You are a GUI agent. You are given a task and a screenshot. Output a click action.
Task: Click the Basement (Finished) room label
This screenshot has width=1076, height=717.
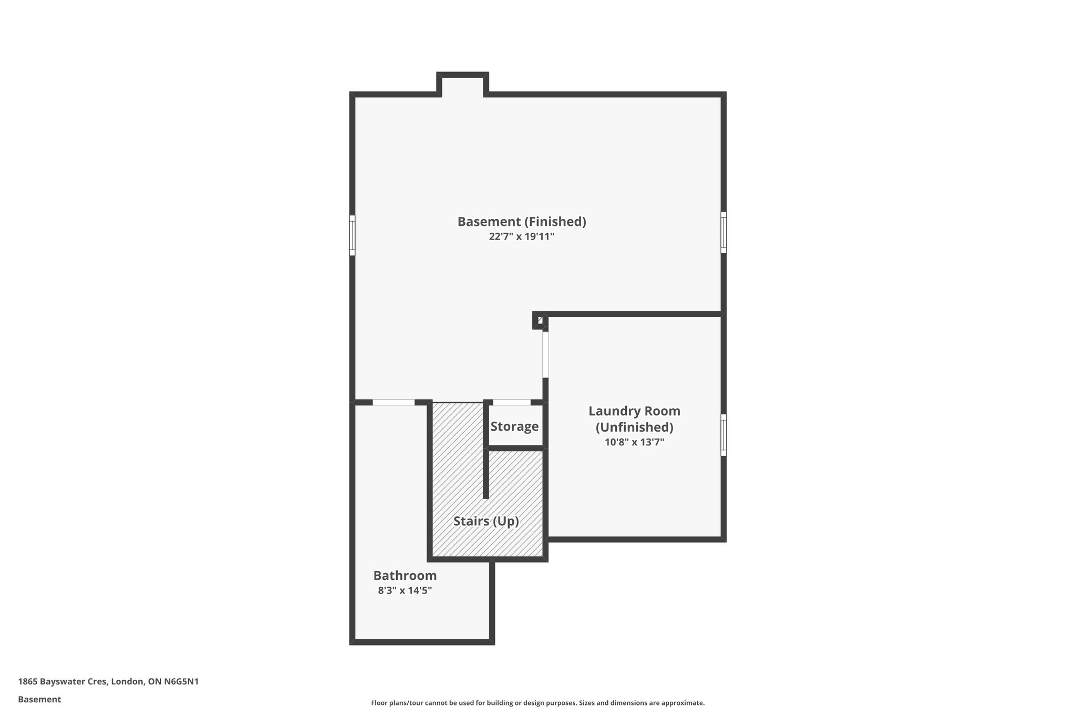coord(521,222)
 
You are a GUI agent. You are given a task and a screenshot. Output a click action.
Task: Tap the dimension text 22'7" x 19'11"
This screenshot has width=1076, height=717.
coord(521,237)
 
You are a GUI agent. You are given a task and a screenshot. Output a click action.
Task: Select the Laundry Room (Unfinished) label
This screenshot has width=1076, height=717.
coord(634,419)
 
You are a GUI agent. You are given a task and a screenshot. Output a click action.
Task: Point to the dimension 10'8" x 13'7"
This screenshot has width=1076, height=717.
coord(634,442)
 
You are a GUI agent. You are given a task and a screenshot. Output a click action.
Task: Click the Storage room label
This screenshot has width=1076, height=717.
coord(514,427)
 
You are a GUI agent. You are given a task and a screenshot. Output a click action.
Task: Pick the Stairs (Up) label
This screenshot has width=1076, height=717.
coord(486,521)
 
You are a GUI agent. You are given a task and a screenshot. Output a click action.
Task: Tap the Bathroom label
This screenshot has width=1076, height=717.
coord(405,575)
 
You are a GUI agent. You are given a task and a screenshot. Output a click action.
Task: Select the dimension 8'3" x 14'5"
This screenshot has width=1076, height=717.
coord(405,590)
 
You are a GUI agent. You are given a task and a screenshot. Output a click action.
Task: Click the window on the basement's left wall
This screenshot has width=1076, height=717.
coord(352,235)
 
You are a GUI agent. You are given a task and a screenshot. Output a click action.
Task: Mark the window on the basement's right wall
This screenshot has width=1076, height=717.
coord(723,232)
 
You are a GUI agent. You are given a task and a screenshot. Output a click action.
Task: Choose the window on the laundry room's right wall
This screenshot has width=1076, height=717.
coord(723,435)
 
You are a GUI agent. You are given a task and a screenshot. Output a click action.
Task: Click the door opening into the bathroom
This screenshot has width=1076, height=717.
coord(394,402)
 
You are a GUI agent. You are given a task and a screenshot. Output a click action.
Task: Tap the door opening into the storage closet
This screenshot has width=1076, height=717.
coord(511,402)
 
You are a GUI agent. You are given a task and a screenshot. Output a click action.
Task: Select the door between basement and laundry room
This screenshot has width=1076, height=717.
coord(545,354)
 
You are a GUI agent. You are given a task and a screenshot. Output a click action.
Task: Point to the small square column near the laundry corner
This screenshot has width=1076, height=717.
coord(540,320)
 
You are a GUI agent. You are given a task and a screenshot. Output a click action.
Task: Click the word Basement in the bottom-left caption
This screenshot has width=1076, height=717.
coord(39,700)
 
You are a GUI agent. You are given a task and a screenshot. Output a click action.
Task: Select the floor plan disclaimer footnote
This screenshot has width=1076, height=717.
coord(537,703)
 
